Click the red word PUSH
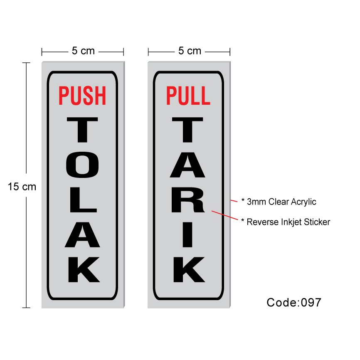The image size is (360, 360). tap(82, 95)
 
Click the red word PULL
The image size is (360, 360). tap(188, 95)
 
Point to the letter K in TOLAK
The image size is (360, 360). tap(82, 269)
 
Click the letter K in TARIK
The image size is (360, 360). tap(188, 269)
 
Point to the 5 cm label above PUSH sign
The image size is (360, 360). tap(83, 51)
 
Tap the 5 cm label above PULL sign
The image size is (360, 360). tap(190, 51)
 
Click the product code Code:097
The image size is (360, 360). tap(294, 302)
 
